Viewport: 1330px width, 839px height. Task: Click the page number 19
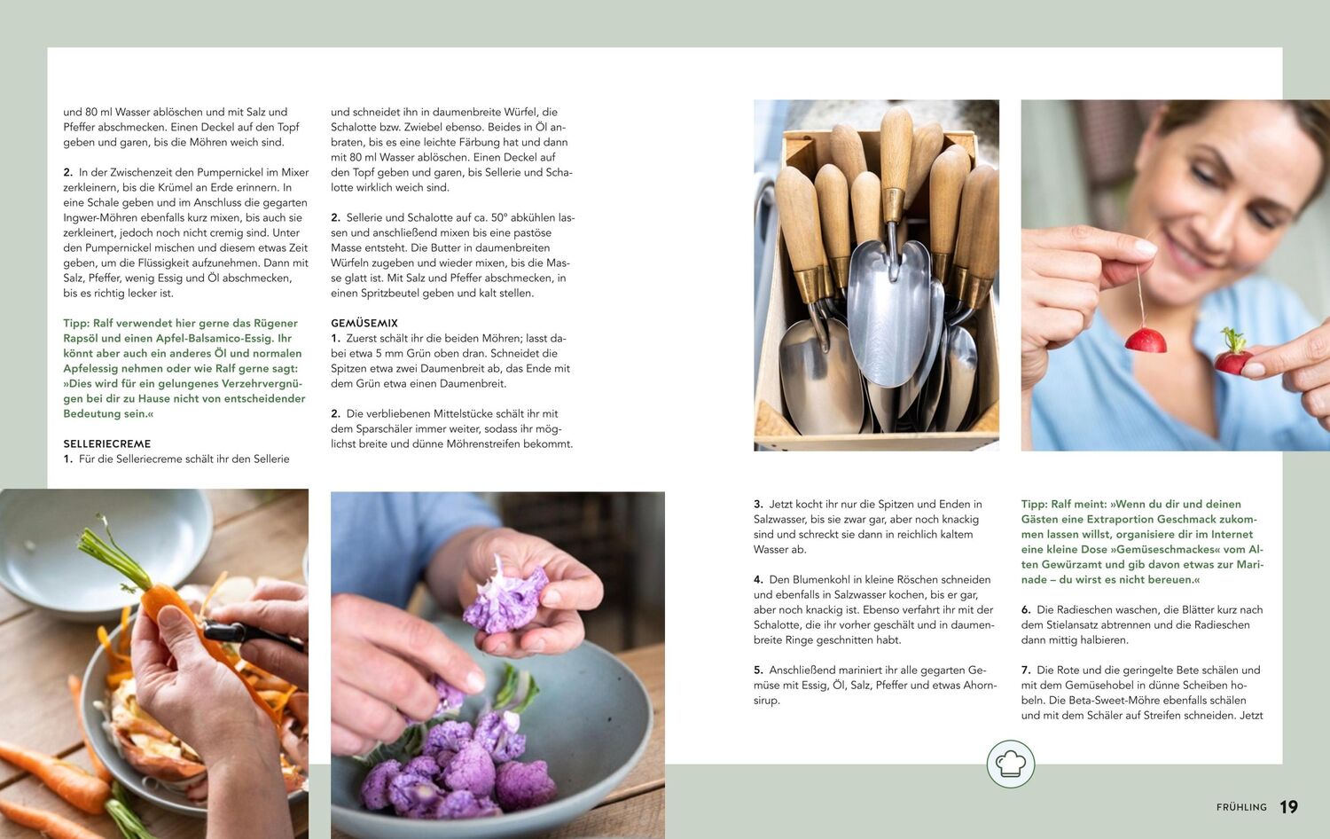1288,806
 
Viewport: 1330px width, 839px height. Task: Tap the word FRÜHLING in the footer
1241,807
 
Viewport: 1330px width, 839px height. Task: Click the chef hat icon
1011,764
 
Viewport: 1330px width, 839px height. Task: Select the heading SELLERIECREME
107,443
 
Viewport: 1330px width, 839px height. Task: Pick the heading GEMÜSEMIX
364,323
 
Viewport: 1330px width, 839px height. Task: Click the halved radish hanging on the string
1146,341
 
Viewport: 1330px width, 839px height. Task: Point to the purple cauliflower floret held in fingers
505,600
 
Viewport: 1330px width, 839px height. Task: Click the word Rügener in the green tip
276,323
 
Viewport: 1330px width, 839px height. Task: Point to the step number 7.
1025,670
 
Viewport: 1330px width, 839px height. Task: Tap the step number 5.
758,670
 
